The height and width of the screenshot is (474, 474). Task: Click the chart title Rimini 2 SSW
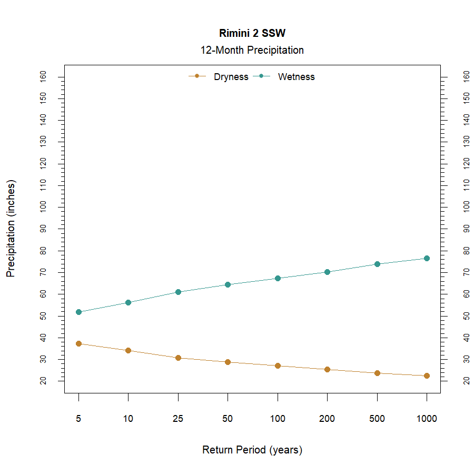[252, 33]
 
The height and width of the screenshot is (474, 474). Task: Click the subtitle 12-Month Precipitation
[252, 51]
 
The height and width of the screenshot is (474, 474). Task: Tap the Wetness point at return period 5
[78, 312]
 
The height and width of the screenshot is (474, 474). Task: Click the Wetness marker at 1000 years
[427, 258]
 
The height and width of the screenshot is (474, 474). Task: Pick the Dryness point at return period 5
[78, 343]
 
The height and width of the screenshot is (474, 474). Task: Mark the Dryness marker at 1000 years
[427, 376]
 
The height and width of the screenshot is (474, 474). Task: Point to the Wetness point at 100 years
[278, 278]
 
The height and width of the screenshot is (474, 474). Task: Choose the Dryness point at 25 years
[178, 358]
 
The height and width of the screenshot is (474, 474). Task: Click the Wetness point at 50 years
[228, 284]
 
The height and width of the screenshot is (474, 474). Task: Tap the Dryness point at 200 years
[327, 369]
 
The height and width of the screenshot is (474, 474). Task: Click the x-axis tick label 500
[377, 419]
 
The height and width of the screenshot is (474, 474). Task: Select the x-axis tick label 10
[128, 419]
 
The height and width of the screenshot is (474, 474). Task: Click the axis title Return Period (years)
[252, 450]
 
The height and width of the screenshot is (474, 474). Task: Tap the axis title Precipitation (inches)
[12, 229]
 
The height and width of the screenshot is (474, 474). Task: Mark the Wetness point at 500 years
[377, 264]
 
